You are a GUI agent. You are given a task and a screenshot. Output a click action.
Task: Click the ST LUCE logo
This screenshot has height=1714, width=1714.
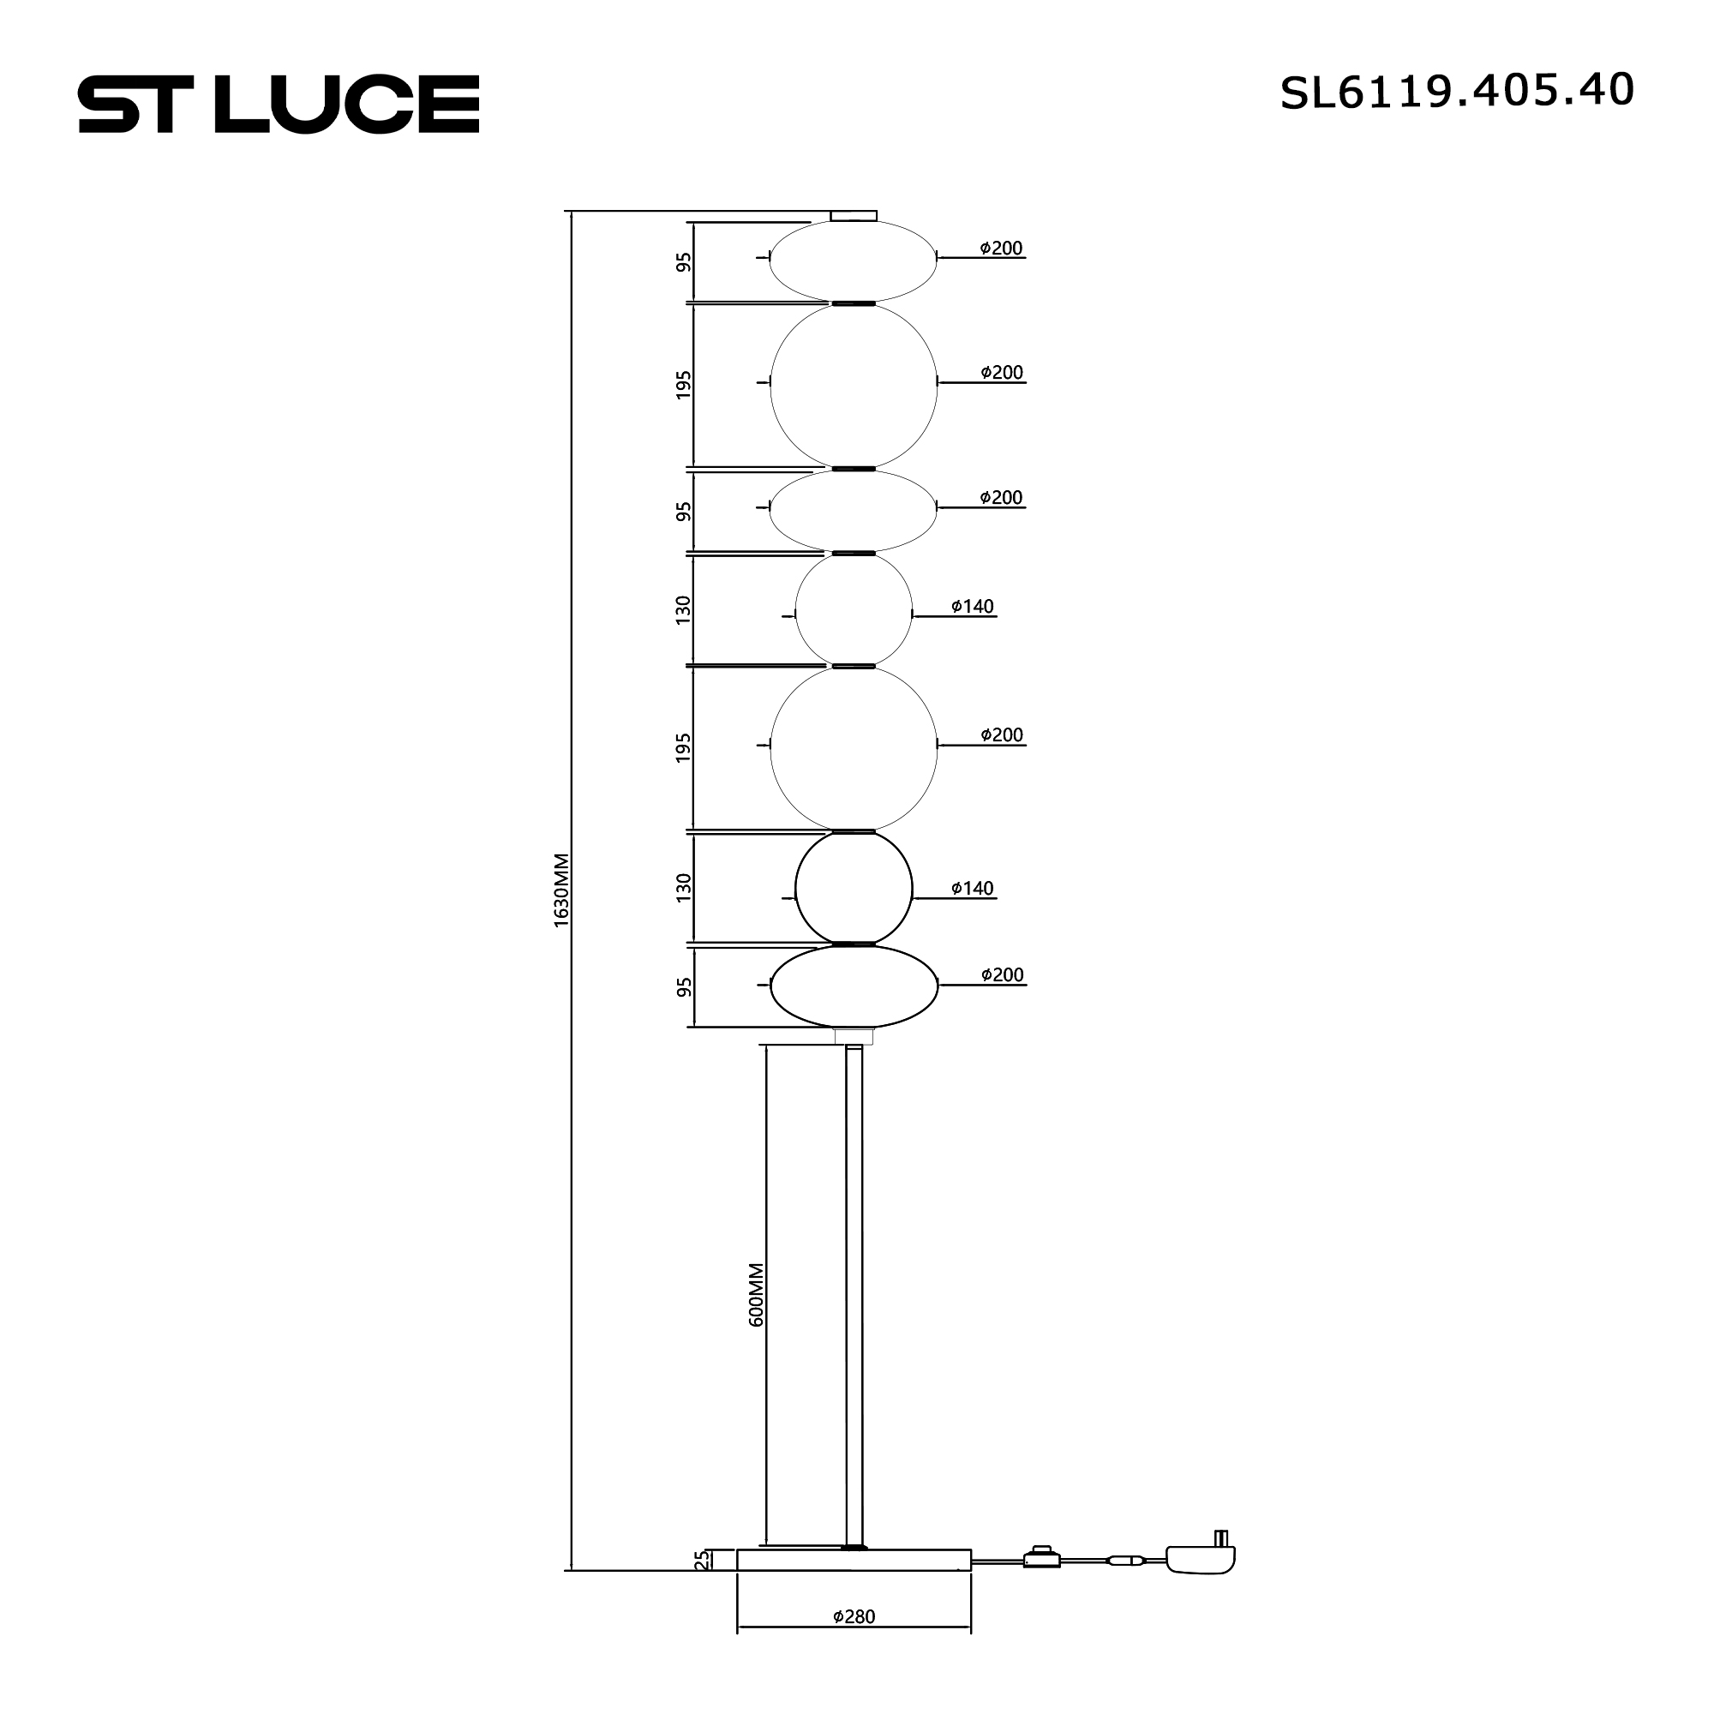pos(279,104)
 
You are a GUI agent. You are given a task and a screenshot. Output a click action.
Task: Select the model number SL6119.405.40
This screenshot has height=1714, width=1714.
pos(1457,92)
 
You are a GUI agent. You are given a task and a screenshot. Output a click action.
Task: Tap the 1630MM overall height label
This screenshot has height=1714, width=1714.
pos(560,890)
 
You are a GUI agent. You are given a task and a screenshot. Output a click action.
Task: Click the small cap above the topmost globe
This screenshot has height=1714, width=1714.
pos(854,216)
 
